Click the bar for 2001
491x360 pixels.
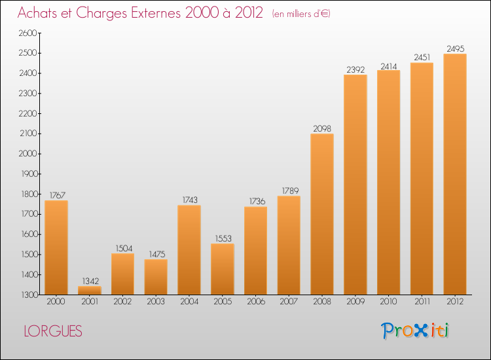click(x=90, y=291)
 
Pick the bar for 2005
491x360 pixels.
click(x=223, y=269)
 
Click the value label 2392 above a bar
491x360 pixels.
click(x=355, y=69)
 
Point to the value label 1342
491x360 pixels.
click(x=90, y=281)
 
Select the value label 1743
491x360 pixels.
click(x=189, y=200)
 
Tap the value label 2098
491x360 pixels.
click(x=322, y=128)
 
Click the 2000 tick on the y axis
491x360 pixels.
click(x=28, y=154)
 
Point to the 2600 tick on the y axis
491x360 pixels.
click(x=28, y=33)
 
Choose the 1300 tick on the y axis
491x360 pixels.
click(x=28, y=295)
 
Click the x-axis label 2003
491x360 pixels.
click(x=156, y=302)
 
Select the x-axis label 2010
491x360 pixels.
click(x=388, y=302)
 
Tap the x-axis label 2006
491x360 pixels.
click(x=255, y=302)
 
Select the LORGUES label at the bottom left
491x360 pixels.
click(x=53, y=332)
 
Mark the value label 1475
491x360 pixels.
click(x=156, y=253)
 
